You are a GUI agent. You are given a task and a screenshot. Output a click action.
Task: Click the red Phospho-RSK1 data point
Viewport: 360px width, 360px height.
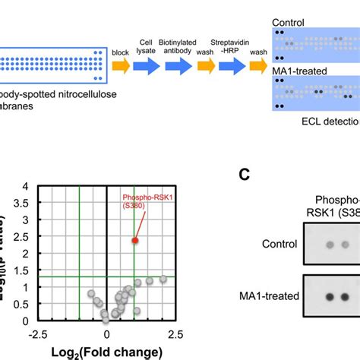(135, 239)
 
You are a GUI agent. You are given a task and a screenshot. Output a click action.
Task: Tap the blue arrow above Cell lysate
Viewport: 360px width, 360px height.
(146, 66)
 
